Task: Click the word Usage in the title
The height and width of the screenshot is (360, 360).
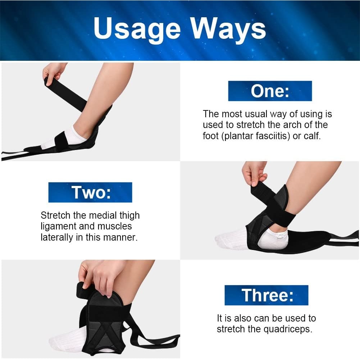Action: click(x=137, y=29)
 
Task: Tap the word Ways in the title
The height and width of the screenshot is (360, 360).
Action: click(x=228, y=29)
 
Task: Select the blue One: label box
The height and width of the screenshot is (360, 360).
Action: click(x=270, y=91)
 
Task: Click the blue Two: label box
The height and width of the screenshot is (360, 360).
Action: click(x=90, y=192)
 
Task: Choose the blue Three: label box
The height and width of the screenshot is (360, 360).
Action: click(x=266, y=295)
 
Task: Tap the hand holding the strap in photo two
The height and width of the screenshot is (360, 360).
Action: click(x=254, y=173)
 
